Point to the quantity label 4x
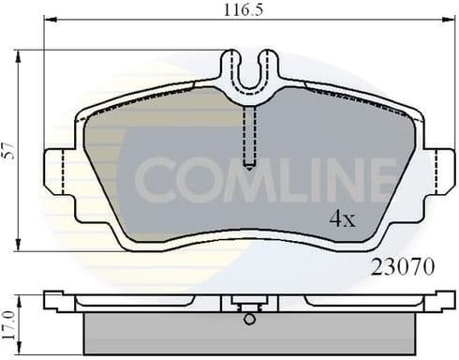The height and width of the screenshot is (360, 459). pyautogui.click(x=341, y=221)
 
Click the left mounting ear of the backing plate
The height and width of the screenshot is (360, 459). pyautogui.click(x=56, y=172)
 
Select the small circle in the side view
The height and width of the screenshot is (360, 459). pyautogui.click(x=248, y=319)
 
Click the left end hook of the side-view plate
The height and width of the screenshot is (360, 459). pyautogui.click(x=53, y=301)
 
